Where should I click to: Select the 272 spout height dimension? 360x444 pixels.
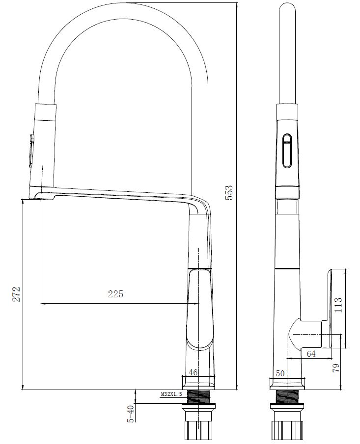(17, 294)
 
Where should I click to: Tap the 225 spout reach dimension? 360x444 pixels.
(115, 294)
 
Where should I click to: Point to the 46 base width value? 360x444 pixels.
(193, 373)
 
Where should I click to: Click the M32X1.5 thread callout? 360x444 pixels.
(171, 394)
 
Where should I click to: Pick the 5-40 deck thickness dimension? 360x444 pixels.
(131, 413)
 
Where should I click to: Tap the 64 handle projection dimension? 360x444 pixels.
(310, 354)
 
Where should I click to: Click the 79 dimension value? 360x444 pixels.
(336, 368)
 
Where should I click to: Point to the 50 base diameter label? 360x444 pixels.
(281, 373)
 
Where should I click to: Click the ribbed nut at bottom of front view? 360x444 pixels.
(198, 429)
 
